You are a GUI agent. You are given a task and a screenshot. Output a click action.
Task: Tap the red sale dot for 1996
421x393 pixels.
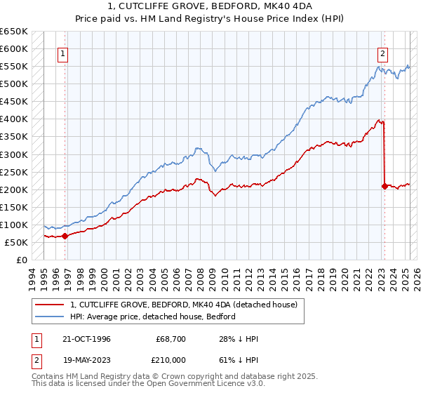[65, 236]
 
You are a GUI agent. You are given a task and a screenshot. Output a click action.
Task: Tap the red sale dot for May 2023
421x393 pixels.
[385, 186]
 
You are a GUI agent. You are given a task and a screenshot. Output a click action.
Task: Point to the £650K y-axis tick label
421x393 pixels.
[14, 32]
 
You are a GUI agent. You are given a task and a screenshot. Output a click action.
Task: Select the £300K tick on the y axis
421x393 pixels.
[14, 154]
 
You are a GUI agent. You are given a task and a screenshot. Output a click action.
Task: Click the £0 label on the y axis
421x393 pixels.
[22, 260]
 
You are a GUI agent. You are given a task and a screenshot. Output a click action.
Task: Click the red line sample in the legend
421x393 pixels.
[51, 305]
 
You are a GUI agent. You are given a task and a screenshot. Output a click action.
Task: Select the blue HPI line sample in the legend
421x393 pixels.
[51, 317]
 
